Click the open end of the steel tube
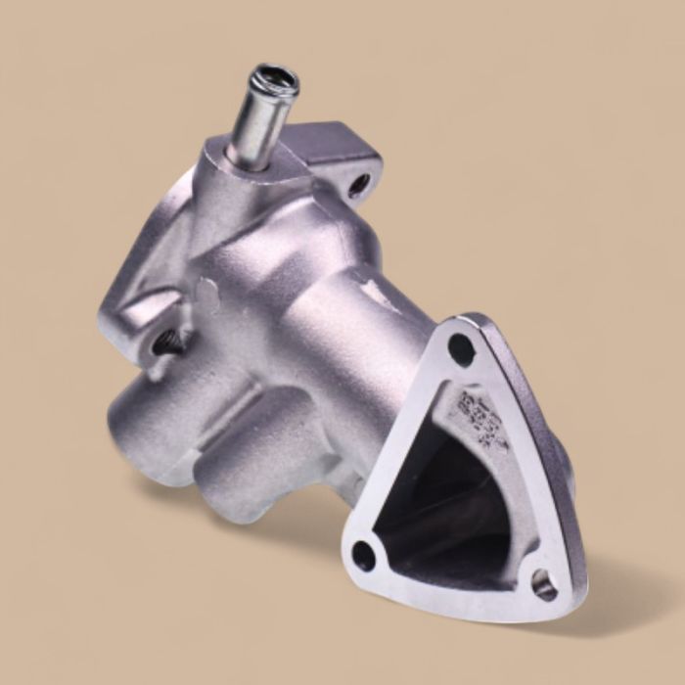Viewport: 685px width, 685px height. pyautogui.click(x=276, y=78)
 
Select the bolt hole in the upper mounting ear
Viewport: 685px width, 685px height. pyautogui.click(x=359, y=182)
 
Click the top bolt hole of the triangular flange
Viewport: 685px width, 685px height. pyautogui.click(x=461, y=348)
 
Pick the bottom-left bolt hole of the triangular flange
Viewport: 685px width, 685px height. pyautogui.click(x=364, y=555)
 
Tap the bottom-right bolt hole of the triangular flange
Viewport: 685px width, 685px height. pyautogui.click(x=544, y=584)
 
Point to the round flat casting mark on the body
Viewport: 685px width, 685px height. pyautogui.click(x=206, y=291)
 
